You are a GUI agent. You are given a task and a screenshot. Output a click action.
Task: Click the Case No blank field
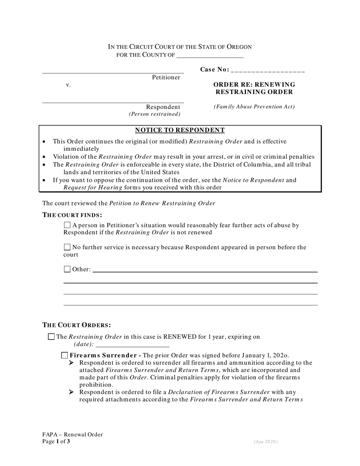point(268,70)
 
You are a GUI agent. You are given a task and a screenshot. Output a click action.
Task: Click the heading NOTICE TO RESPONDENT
point(180,130)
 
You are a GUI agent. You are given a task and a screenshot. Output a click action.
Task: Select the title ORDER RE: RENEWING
point(254,84)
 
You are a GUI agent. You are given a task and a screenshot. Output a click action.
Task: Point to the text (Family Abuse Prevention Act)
point(254,107)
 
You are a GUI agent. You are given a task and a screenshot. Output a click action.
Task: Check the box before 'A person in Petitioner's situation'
point(67,225)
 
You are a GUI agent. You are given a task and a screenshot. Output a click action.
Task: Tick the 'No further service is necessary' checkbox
point(67,247)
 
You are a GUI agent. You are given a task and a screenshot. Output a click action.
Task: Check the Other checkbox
point(67,269)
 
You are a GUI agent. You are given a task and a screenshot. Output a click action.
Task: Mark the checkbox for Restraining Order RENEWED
point(52,336)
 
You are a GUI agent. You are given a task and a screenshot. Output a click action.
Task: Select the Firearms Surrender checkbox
point(65,355)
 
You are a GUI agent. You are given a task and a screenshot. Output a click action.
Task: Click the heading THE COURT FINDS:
point(72,215)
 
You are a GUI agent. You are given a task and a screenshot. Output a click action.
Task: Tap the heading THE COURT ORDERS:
point(77,325)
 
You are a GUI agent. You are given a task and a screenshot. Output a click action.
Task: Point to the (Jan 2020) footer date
point(266,442)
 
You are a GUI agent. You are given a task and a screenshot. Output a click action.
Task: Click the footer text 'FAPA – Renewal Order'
point(72,435)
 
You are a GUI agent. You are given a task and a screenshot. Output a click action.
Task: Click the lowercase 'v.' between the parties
point(68,85)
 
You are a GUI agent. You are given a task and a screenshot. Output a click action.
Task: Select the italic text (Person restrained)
point(155,114)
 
